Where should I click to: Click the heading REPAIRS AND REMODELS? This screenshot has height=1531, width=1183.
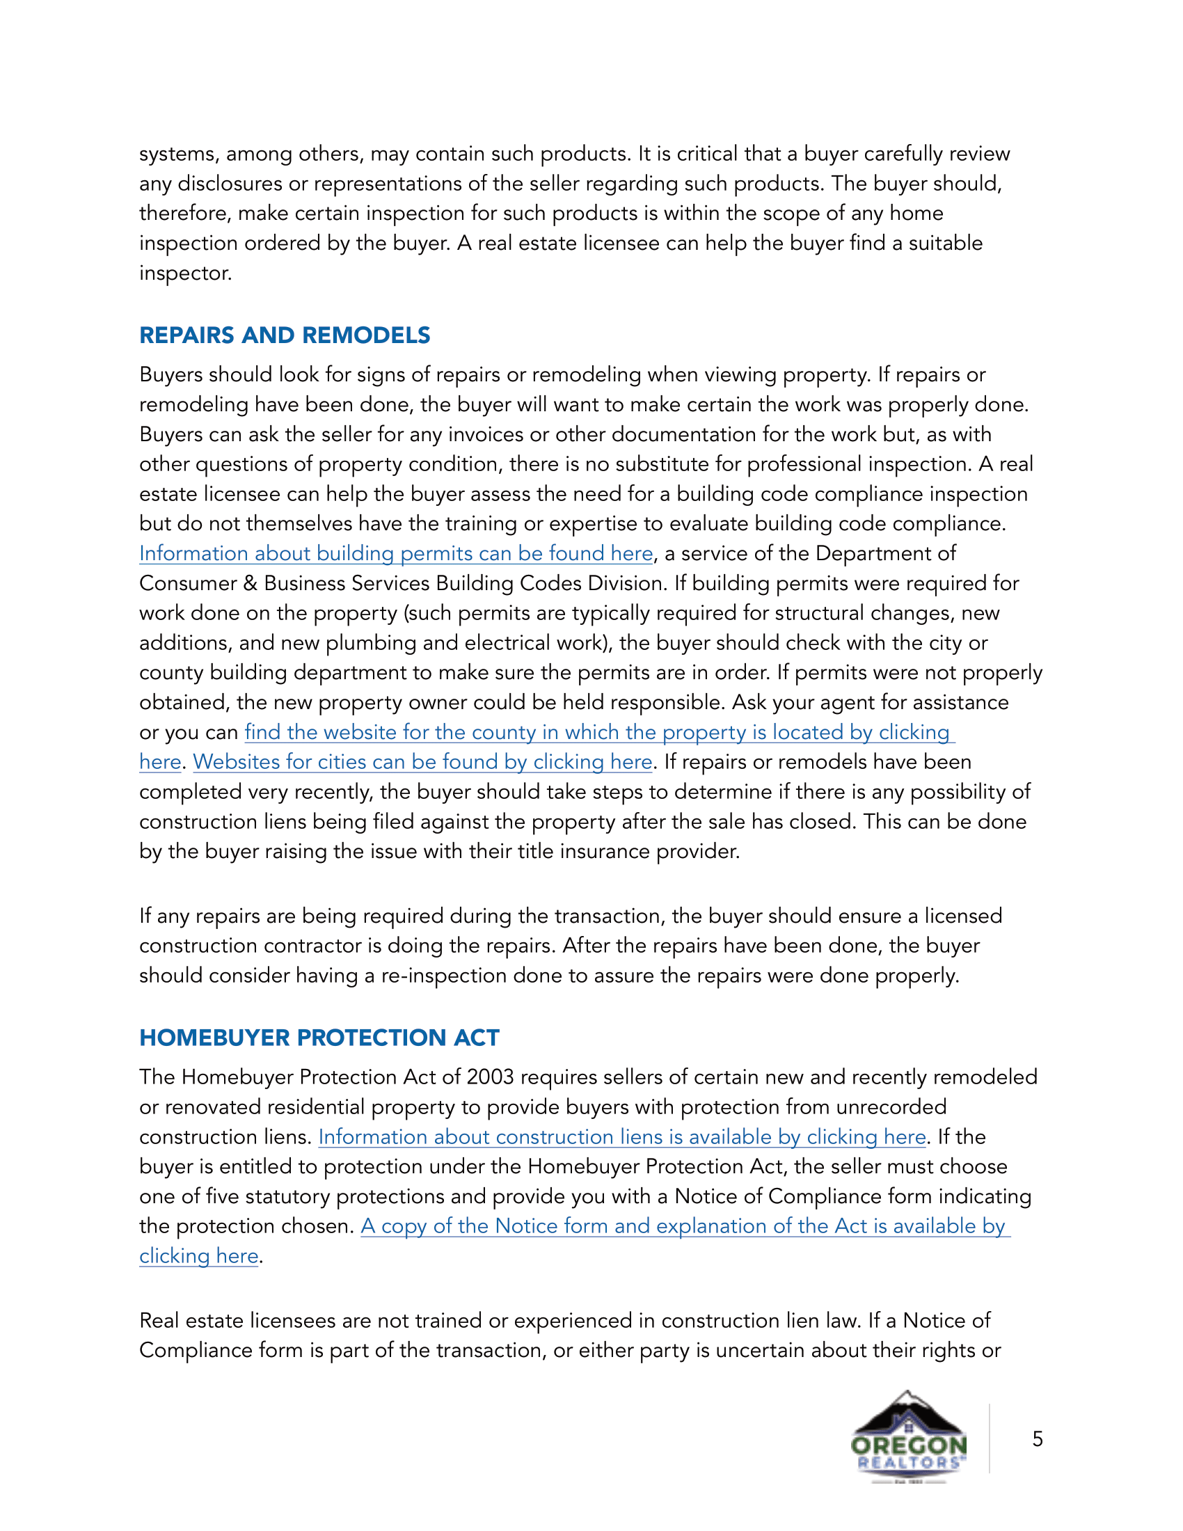pos(285,335)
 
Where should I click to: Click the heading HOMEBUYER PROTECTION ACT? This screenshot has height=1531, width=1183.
pos(319,1038)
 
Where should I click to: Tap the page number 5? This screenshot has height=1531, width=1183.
pos(1038,1439)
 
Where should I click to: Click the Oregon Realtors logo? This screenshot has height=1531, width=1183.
pos(908,1437)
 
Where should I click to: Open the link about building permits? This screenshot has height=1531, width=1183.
pos(396,554)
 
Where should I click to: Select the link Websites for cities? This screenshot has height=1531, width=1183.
pos(422,762)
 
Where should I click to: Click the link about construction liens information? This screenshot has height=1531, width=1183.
pos(621,1137)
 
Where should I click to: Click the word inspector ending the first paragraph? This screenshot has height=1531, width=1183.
pos(184,273)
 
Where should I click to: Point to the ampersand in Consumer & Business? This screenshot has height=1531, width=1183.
pos(251,584)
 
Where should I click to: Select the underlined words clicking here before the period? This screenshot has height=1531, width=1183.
pos(199,1256)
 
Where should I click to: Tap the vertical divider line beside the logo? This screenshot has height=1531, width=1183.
pos(990,1437)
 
